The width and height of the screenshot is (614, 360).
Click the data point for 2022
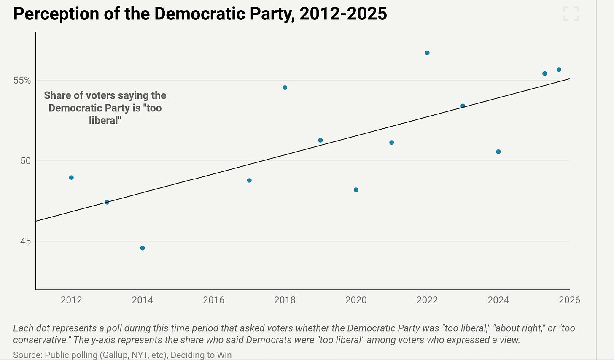point(427,53)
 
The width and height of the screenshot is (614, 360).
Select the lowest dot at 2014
point(143,248)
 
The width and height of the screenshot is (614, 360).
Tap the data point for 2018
point(285,87)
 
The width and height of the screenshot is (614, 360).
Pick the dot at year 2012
point(71,177)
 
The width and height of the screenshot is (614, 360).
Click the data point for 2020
point(356,190)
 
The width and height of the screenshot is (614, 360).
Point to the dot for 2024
point(498,152)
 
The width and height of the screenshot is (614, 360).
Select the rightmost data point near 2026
point(559,70)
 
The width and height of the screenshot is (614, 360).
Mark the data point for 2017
point(249,180)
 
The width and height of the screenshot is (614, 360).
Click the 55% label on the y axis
point(22,80)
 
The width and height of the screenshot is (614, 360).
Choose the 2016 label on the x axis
point(213,300)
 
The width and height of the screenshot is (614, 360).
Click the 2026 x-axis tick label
point(569,300)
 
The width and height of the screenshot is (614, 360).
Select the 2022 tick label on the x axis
point(427,300)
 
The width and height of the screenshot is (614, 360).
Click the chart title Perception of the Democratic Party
point(200,14)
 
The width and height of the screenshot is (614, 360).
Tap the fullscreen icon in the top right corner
point(571,13)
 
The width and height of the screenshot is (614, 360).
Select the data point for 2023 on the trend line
point(463,106)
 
